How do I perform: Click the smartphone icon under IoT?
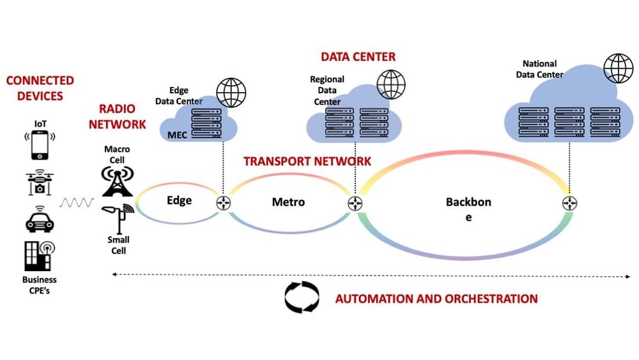[x=40, y=145]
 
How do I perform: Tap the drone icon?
[x=40, y=182]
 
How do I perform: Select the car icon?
[x=40, y=219]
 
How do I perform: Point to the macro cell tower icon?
[x=118, y=180]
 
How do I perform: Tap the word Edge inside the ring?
[x=179, y=200]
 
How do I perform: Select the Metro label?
[x=288, y=202]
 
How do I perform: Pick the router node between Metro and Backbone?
[x=355, y=203]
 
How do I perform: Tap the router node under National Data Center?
[x=569, y=203]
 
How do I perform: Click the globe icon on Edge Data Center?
[x=231, y=92]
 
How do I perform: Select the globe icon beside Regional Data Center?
[x=391, y=83]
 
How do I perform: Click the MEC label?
[x=177, y=135]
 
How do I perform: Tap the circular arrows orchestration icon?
[x=302, y=297]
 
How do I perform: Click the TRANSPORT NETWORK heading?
[x=307, y=161]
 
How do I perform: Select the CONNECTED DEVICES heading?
[x=40, y=88]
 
